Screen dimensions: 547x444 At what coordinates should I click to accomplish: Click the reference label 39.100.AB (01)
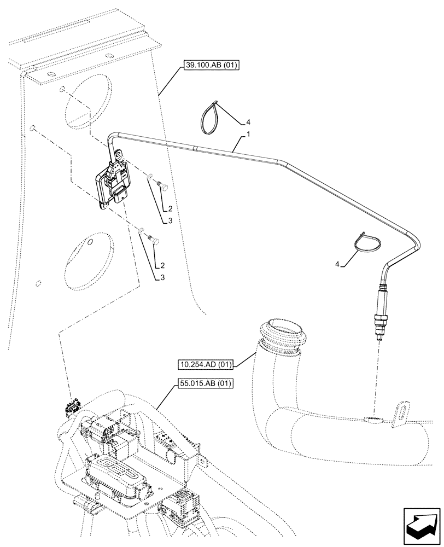pyautogui.click(x=209, y=66)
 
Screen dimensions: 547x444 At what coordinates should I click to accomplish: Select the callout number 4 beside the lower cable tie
pyautogui.click(x=338, y=265)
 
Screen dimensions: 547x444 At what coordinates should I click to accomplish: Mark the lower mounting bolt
pyautogui.click(x=154, y=239)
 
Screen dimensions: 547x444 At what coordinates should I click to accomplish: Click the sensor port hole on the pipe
pyautogui.click(x=373, y=420)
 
